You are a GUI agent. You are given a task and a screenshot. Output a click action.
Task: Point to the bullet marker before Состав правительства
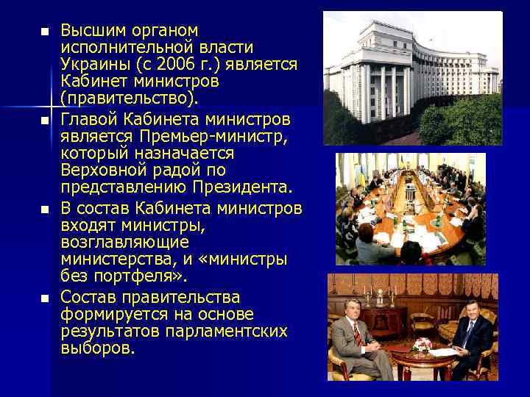[x=44, y=298]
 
